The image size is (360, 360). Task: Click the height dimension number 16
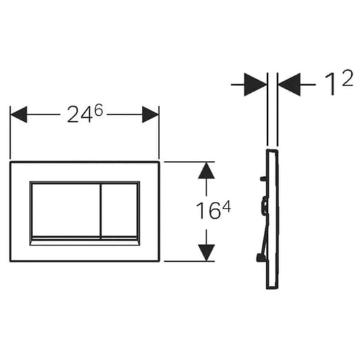[208, 211]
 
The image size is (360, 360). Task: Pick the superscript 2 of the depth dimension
[347, 78]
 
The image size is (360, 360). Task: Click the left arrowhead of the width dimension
[19, 114]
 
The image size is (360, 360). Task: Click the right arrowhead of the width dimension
[150, 114]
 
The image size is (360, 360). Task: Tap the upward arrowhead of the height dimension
[207, 171]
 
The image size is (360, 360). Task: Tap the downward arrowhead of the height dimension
[207, 253]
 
